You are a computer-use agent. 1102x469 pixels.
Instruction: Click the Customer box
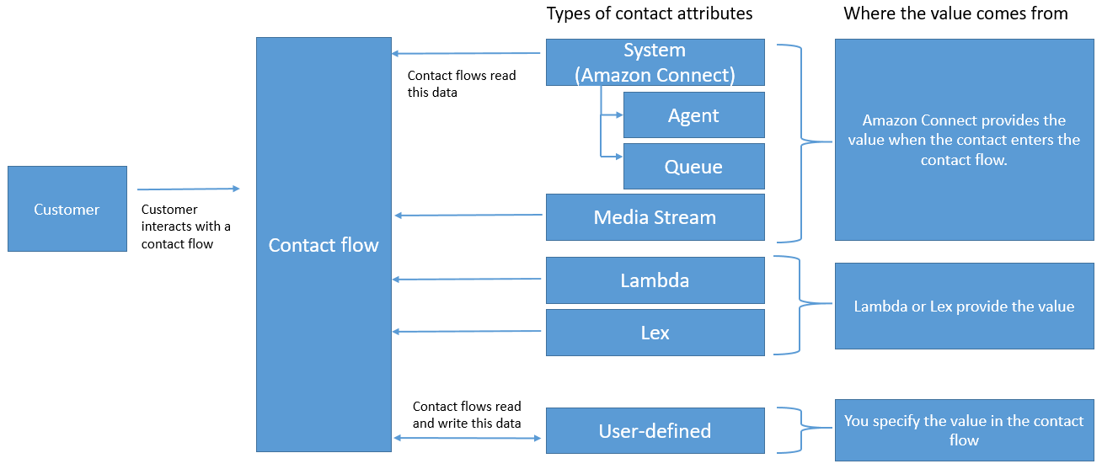point(67,209)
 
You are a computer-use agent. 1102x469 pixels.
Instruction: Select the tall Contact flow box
point(324,244)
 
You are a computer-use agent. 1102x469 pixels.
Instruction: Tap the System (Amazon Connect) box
point(655,62)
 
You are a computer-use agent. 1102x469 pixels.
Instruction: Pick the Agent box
point(693,115)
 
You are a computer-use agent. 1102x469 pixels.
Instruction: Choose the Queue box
point(693,167)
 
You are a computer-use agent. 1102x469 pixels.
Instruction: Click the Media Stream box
point(655,217)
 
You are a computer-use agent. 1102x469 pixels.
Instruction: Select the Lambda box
point(655,280)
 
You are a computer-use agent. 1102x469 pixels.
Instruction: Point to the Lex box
point(655,333)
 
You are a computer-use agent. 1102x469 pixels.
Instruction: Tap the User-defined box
point(655,431)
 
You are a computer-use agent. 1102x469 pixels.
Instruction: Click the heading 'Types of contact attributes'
point(650,13)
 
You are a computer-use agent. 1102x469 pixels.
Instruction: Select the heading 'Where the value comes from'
point(955,13)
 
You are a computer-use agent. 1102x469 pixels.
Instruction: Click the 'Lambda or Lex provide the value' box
point(964,306)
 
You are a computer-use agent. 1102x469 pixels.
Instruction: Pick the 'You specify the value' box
point(964,430)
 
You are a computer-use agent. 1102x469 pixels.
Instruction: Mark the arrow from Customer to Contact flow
point(189,189)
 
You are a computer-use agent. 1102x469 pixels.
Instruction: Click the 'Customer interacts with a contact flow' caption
point(185,227)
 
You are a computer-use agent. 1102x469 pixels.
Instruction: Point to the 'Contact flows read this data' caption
point(462,83)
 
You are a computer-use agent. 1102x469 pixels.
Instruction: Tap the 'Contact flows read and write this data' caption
point(467,414)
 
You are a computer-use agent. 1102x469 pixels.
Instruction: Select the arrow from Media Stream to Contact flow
point(468,216)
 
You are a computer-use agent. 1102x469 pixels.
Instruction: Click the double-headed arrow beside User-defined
point(468,437)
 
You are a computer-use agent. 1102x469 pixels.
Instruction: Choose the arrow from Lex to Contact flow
point(468,332)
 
